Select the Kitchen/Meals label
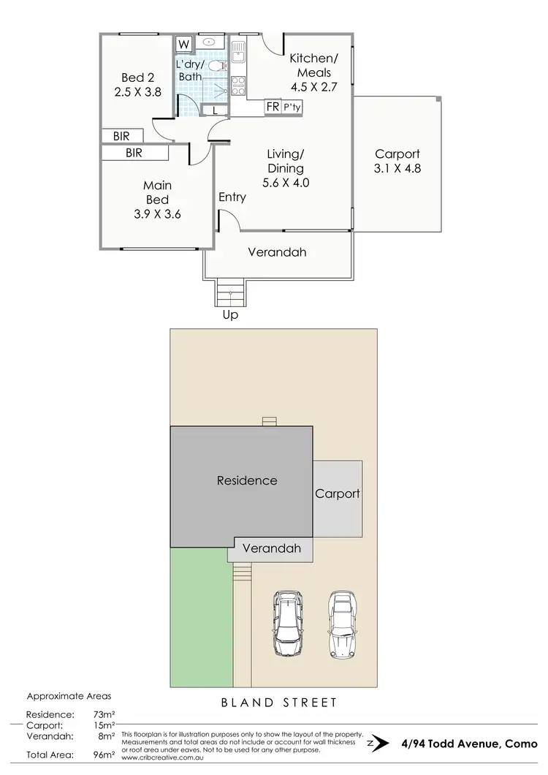(313, 66)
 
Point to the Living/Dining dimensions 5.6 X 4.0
(284, 183)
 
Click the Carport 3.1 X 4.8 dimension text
(397, 168)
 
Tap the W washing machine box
(183, 44)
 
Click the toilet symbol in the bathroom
(216, 66)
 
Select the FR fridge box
(272, 107)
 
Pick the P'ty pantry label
(292, 107)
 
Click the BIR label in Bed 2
(122, 136)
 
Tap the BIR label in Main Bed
(134, 153)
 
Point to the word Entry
(232, 197)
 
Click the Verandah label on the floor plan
(276, 252)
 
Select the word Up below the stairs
(230, 315)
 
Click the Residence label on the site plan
(247, 480)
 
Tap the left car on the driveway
(287, 624)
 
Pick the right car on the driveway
(341, 624)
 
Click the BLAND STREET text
(279, 703)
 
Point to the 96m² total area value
(106, 754)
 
